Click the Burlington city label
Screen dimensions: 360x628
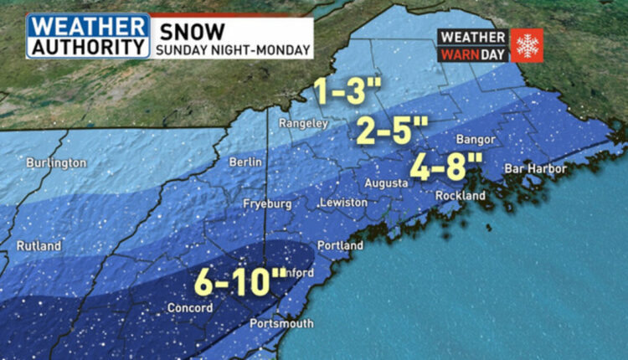click(x=53, y=162)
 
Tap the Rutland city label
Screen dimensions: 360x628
click(x=39, y=246)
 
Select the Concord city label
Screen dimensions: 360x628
click(x=190, y=308)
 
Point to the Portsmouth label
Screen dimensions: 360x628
click(x=282, y=323)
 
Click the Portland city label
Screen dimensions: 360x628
click(x=340, y=246)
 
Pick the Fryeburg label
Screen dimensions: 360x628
click(x=267, y=203)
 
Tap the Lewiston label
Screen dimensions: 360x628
click(x=343, y=203)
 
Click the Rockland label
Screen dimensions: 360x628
click(x=460, y=195)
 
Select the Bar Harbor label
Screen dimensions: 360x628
click(x=535, y=169)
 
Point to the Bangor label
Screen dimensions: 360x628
click(x=475, y=139)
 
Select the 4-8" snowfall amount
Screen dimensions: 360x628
click(x=439, y=166)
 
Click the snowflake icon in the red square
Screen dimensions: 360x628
click(x=527, y=45)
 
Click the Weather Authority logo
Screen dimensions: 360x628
click(x=88, y=36)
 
